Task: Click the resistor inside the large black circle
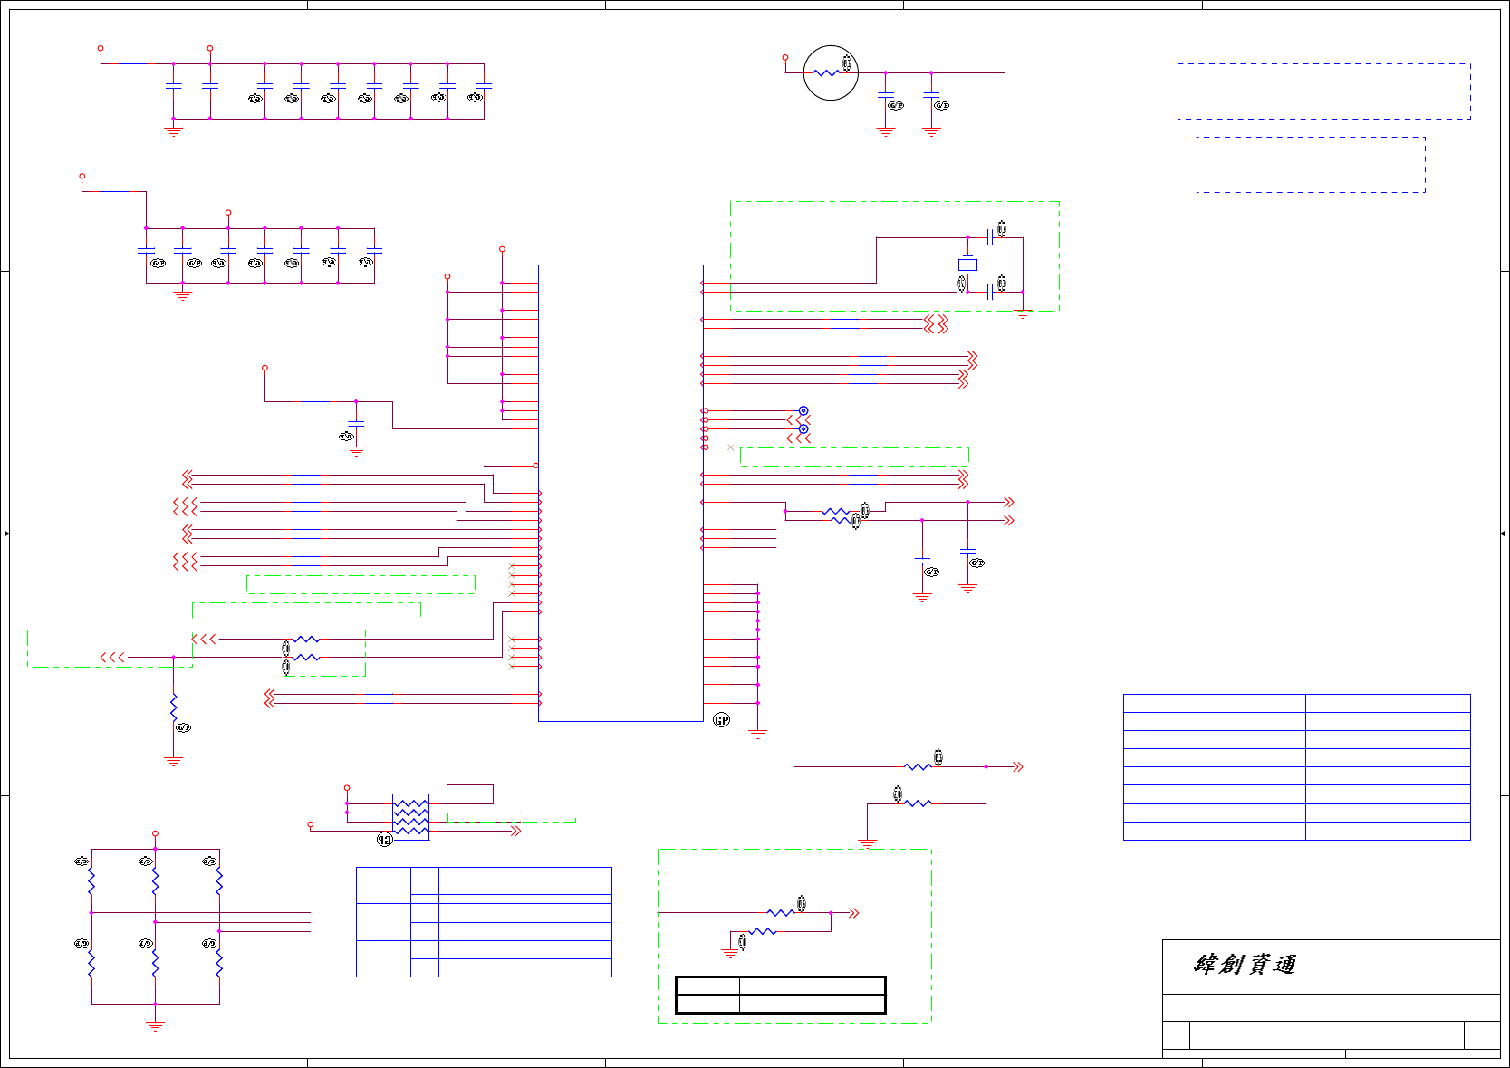(x=826, y=73)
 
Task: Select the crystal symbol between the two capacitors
(x=967, y=265)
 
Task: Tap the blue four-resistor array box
(x=410, y=816)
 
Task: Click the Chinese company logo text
(x=1245, y=965)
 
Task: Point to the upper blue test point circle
(x=803, y=411)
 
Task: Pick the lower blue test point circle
(x=803, y=429)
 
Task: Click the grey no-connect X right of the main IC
(x=730, y=447)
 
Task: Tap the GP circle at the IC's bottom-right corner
(x=721, y=720)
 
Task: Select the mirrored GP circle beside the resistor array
(x=385, y=840)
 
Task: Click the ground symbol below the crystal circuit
(x=1023, y=313)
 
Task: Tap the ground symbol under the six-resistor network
(x=155, y=1025)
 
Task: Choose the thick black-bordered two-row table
(x=780, y=995)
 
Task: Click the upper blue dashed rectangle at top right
(x=1323, y=91)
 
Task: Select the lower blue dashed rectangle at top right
(x=1310, y=165)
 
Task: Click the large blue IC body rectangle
(x=620, y=493)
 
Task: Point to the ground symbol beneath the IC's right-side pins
(x=757, y=734)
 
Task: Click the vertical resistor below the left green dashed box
(x=173, y=707)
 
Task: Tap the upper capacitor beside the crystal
(x=989, y=237)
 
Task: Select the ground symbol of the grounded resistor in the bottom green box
(x=730, y=952)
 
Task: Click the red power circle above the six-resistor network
(x=155, y=833)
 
